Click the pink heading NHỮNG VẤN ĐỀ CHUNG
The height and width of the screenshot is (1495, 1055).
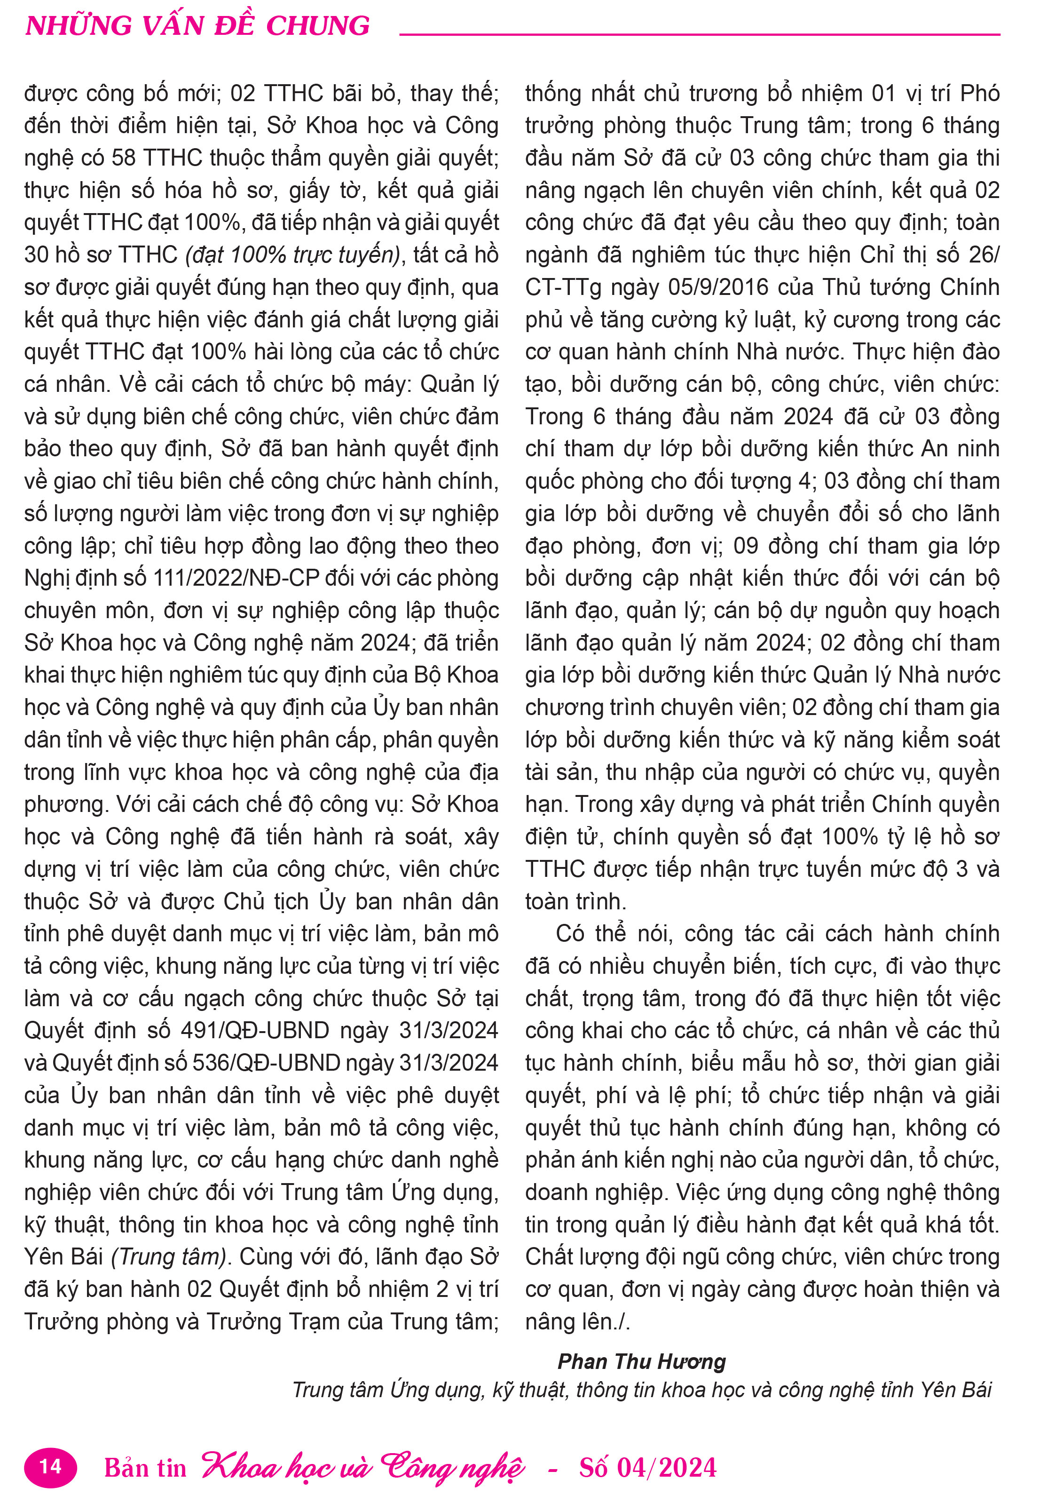click(x=197, y=26)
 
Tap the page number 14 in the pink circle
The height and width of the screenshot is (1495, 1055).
click(x=50, y=1466)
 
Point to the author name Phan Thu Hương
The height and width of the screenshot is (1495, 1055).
click(x=641, y=1361)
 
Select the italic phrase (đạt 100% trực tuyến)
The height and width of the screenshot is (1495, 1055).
click(x=293, y=254)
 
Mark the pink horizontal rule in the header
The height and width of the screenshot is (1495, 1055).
click(x=700, y=34)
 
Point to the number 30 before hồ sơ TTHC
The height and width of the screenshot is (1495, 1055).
click(x=38, y=254)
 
